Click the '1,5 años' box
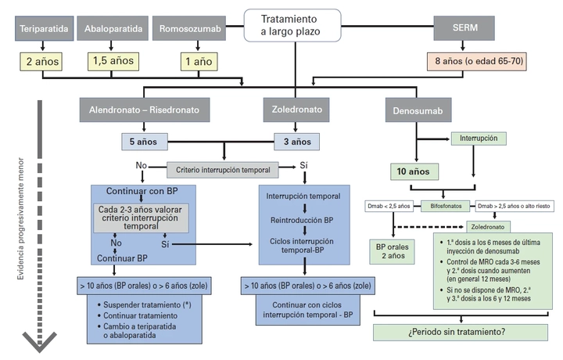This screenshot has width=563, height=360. point(113,59)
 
